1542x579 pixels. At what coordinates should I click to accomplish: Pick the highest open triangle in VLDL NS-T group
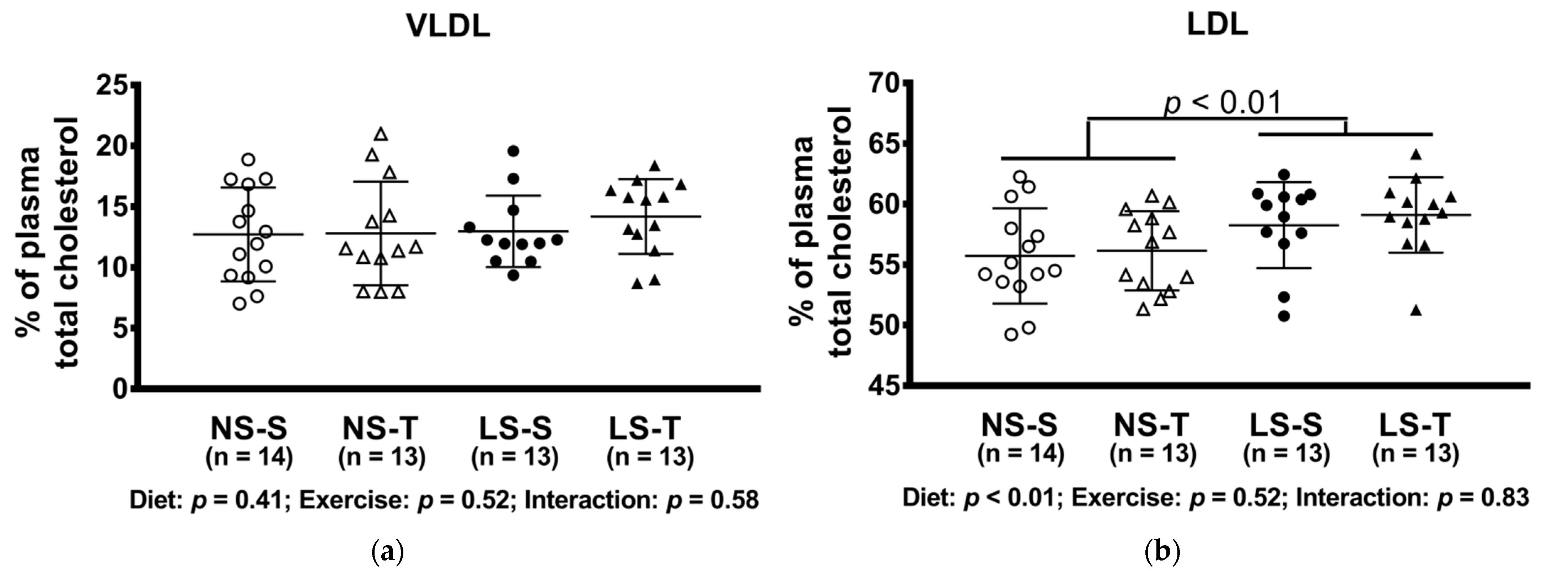point(381,134)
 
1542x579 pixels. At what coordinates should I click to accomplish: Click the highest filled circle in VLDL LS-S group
point(513,151)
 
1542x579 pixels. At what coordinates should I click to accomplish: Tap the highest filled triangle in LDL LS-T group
point(1416,155)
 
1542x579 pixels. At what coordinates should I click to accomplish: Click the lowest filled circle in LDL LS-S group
point(1283,316)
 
